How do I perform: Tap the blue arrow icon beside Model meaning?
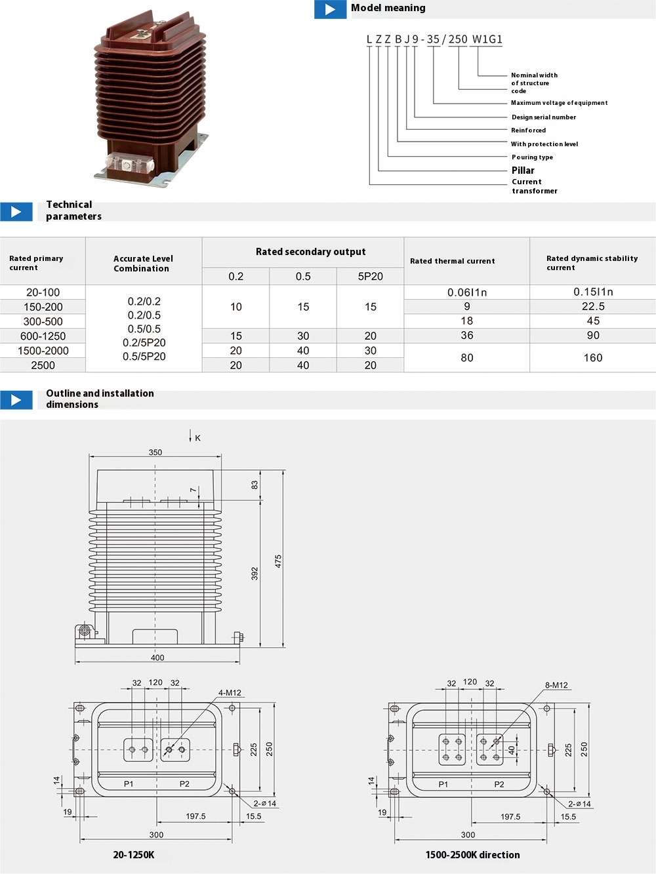330,9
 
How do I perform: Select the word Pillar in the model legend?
523,170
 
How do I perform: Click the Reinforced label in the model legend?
528,130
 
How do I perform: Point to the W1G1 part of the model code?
487,39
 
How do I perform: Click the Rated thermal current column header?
453,261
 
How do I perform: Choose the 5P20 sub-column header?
370,277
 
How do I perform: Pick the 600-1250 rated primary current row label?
43,336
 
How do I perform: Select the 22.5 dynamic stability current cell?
593,307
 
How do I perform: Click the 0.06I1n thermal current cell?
467,292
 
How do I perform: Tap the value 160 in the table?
593,358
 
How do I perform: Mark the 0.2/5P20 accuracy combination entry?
144,343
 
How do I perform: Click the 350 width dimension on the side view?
155,452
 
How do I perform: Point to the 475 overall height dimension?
278,561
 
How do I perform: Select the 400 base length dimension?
157,658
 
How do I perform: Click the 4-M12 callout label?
230,693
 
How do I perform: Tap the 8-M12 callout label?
556,685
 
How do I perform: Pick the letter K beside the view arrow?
198,438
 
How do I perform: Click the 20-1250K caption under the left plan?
134,855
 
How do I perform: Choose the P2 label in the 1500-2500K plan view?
499,784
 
